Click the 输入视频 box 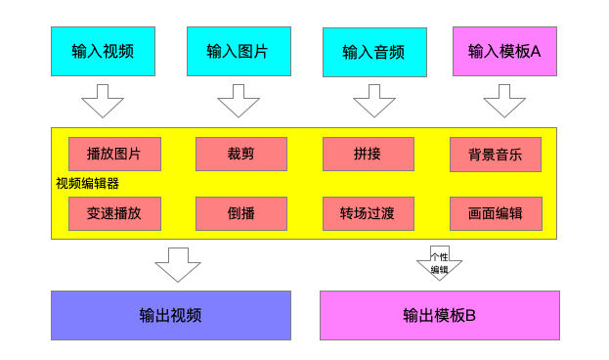(x=103, y=51)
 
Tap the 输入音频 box (x=374, y=52)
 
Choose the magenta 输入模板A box (x=504, y=51)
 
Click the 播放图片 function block (x=114, y=154)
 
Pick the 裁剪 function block (x=241, y=154)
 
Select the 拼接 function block (x=369, y=154)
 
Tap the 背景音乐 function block (x=496, y=154)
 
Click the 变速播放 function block (x=114, y=213)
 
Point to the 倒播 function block (x=241, y=213)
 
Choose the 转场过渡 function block (x=369, y=213)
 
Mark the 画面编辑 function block (x=496, y=213)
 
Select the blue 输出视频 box (x=171, y=315)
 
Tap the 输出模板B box (x=440, y=315)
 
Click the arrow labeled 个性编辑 (x=440, y=262)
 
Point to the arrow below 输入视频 (x=103, y=100)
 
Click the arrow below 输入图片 (x=239, y=100)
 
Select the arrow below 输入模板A (x=504, y=100)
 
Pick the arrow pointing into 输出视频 (x=178, y=263)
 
